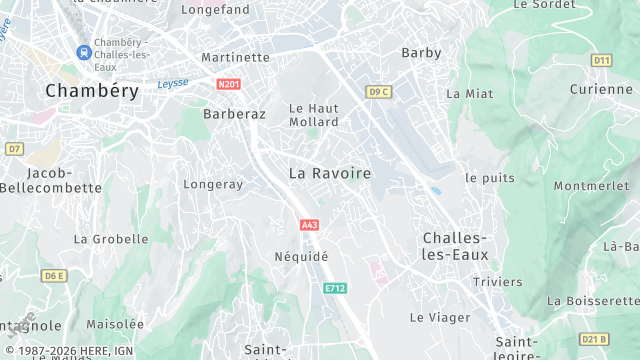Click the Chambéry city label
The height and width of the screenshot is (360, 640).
(91, 90)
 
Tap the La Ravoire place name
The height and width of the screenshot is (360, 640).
(329, 173)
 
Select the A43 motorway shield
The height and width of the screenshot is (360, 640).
(309, 225)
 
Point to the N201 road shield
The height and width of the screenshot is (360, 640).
(228, 85)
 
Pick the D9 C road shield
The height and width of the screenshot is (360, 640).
(378, 92)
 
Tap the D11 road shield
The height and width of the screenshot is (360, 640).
(601, 60)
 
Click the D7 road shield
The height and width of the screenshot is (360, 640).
(13, 148)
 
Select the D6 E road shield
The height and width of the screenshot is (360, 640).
(53, 275)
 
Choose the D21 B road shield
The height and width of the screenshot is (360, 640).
(594, 338)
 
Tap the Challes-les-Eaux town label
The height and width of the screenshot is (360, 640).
(455, 246)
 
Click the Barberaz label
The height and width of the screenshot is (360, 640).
(234, 114)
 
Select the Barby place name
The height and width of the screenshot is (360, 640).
(421, 52)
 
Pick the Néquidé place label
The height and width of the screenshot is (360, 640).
(301, 256)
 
